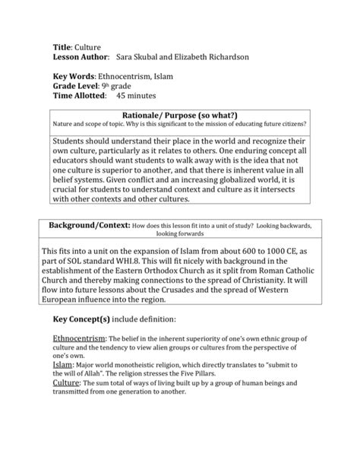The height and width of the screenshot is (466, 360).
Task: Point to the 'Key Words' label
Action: click(x=74, y=78)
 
